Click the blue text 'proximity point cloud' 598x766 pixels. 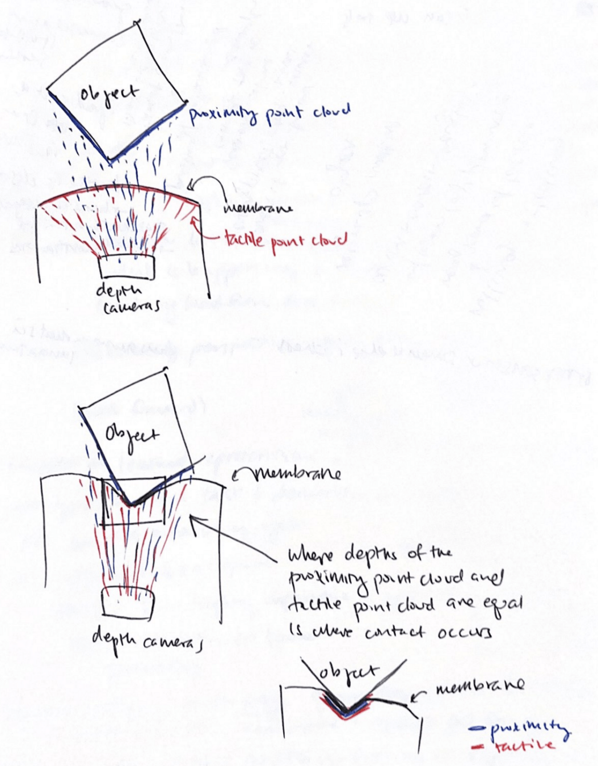(269, 113)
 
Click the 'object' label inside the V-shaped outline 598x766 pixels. (347, 674)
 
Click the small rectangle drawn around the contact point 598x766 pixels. (134, 502)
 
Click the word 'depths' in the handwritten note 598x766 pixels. (371, 554)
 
